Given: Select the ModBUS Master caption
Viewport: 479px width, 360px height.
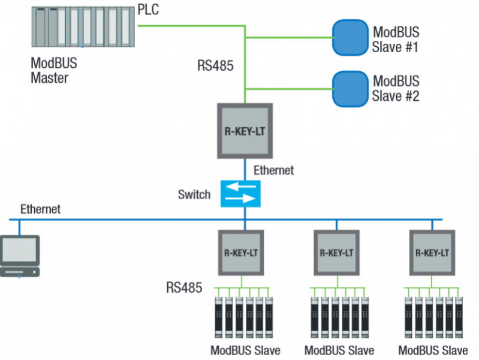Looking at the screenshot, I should coord(54,70).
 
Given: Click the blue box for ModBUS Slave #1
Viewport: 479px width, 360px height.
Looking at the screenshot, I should coord(350,38).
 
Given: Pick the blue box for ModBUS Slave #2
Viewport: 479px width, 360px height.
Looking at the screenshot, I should coord(350,88).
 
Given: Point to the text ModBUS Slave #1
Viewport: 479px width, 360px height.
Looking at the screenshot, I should coord(396,38).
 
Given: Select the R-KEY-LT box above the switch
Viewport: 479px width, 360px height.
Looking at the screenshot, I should coord(245,131).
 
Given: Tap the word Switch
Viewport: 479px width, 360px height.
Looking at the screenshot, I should coord(194,194).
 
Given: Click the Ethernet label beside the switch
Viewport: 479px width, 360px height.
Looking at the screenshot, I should coord(273,170).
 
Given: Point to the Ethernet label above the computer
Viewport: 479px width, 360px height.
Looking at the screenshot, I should coord(41,209).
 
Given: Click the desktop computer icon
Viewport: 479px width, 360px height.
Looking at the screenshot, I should coord(20,256).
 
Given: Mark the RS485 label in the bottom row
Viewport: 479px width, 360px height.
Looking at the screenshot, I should coord(184,287).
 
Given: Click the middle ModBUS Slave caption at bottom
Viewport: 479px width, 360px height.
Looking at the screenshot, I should coord(339,350).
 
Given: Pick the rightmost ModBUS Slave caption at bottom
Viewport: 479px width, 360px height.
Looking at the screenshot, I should coord(433,350).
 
